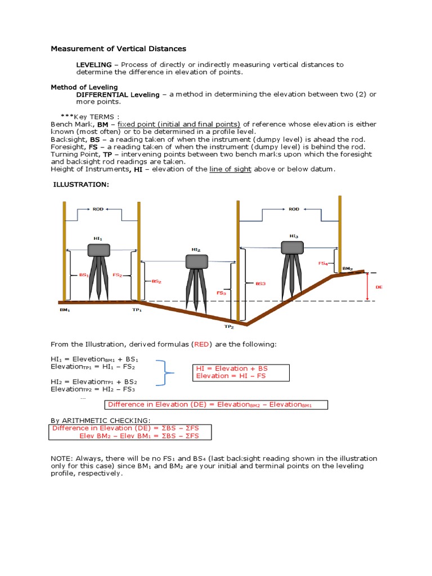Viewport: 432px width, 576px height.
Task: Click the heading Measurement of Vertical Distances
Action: [118, 49]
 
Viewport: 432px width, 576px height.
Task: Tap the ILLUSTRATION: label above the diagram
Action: [80, 184]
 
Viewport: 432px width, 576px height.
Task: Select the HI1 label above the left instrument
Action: [98, 238]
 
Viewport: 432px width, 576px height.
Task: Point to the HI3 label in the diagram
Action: [294, 236]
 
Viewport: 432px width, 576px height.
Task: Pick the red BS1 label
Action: [83, 275]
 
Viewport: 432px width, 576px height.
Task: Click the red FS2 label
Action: [117, 275]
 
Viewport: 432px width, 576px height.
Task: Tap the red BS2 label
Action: [156, 281]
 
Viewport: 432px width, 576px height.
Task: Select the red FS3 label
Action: [221, 292]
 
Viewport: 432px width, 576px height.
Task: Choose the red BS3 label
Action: [260, 284]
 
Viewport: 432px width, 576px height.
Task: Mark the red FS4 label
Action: [323, 263]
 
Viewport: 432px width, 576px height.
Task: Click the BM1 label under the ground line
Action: [65, 309]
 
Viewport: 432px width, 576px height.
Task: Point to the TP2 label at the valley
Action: [228, 326]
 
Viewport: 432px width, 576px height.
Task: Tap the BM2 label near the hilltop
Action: [347, 269]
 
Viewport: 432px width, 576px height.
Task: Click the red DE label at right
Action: [379, 287]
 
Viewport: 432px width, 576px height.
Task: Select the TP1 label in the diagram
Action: [137, 309]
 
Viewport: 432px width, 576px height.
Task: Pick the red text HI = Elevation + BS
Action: [232, 368]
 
